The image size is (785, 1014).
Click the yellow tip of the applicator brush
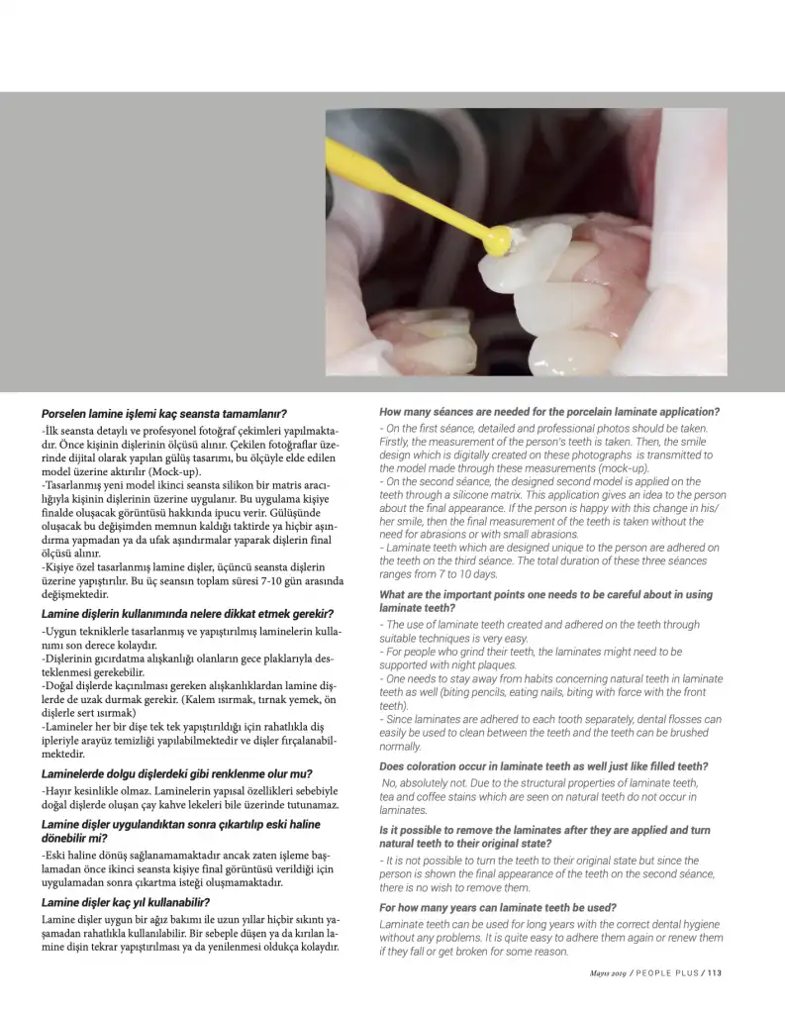click(x=502, y=238)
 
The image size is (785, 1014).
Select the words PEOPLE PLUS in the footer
click(x=664, y=971)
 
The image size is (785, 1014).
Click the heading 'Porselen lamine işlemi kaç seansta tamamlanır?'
click(x=164, y=413)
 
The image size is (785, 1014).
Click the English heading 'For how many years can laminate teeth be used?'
click(x=498, y=907)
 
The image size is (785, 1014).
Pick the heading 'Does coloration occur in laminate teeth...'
click(x=543, y=765)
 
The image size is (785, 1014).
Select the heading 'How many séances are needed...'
click(x=549, y=411)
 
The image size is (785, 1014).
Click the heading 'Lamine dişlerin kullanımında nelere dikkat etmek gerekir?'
click(x=187, y=614)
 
